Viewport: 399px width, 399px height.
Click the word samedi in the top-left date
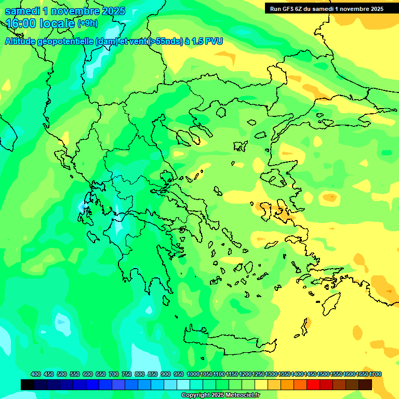click(x=24, y=11)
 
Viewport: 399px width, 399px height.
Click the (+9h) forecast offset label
click(x=88, y=23)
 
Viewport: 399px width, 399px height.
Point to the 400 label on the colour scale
click(x=36, y=374)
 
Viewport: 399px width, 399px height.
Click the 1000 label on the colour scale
click(x=193, y=374)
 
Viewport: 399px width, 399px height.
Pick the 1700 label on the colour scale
click(x=362, y=374)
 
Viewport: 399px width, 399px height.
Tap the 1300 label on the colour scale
click(x=271, y=374)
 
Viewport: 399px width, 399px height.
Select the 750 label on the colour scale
click(x=127, y=374)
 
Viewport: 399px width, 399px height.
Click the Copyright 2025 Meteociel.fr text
click(x=220, y=395)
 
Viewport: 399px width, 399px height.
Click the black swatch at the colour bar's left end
click(x=28, y=384)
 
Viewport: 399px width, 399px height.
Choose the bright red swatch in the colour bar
click(x=313, y=384)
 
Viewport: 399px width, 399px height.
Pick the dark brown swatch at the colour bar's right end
click(x=365, y=384)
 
